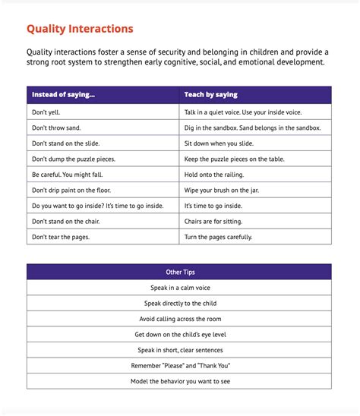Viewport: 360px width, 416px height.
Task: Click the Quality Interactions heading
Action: [x=80, y=30]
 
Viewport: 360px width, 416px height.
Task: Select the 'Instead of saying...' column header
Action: [x=64, y=95]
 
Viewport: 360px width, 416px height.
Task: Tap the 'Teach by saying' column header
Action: [x=210, y=95]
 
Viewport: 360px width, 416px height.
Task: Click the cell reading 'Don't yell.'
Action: [x=47, y=111]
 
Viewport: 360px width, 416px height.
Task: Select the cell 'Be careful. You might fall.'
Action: [x=73, y=174]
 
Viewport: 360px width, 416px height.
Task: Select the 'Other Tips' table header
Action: [x=179, y=272]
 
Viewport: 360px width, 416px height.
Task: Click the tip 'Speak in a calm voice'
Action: [x=179, y=288]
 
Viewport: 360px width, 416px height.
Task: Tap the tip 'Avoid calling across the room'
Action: [x=179, y=319]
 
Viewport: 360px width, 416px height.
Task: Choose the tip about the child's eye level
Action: [x=179, y=335]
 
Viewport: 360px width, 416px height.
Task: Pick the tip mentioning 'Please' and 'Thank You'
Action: [x=179, y=366]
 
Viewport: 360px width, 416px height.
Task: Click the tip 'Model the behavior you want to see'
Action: [x=179, y=382]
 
